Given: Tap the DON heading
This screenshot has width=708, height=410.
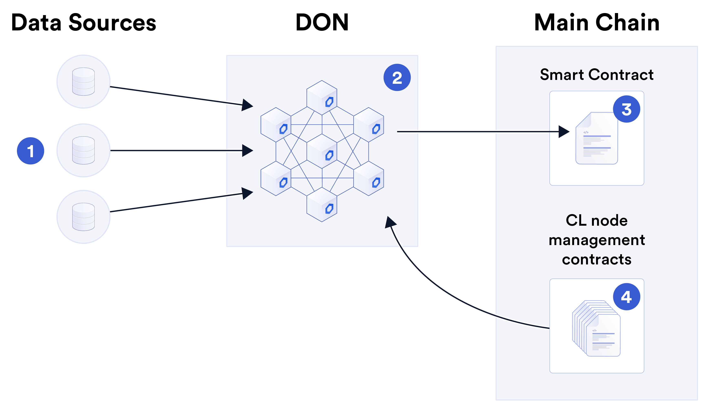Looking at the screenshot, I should [322, 22].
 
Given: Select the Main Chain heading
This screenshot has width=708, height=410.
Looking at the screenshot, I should [596, 22].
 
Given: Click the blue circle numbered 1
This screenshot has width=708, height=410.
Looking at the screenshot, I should [30, 151].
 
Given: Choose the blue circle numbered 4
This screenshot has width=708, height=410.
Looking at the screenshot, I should [626, 297].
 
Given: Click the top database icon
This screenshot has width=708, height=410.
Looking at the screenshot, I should [83, 81].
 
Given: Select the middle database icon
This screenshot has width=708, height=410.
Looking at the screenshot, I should [83, 150].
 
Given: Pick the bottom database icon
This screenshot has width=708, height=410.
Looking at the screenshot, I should [83, 217].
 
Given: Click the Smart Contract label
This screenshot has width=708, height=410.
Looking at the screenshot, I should [596, 75].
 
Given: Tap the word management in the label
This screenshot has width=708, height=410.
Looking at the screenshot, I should [596, 240].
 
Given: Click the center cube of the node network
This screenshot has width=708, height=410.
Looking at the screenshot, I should [322, 151].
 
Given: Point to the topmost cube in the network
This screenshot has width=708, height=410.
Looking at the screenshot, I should [322, 97].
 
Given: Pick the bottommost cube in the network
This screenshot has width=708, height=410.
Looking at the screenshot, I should [322, 204].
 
